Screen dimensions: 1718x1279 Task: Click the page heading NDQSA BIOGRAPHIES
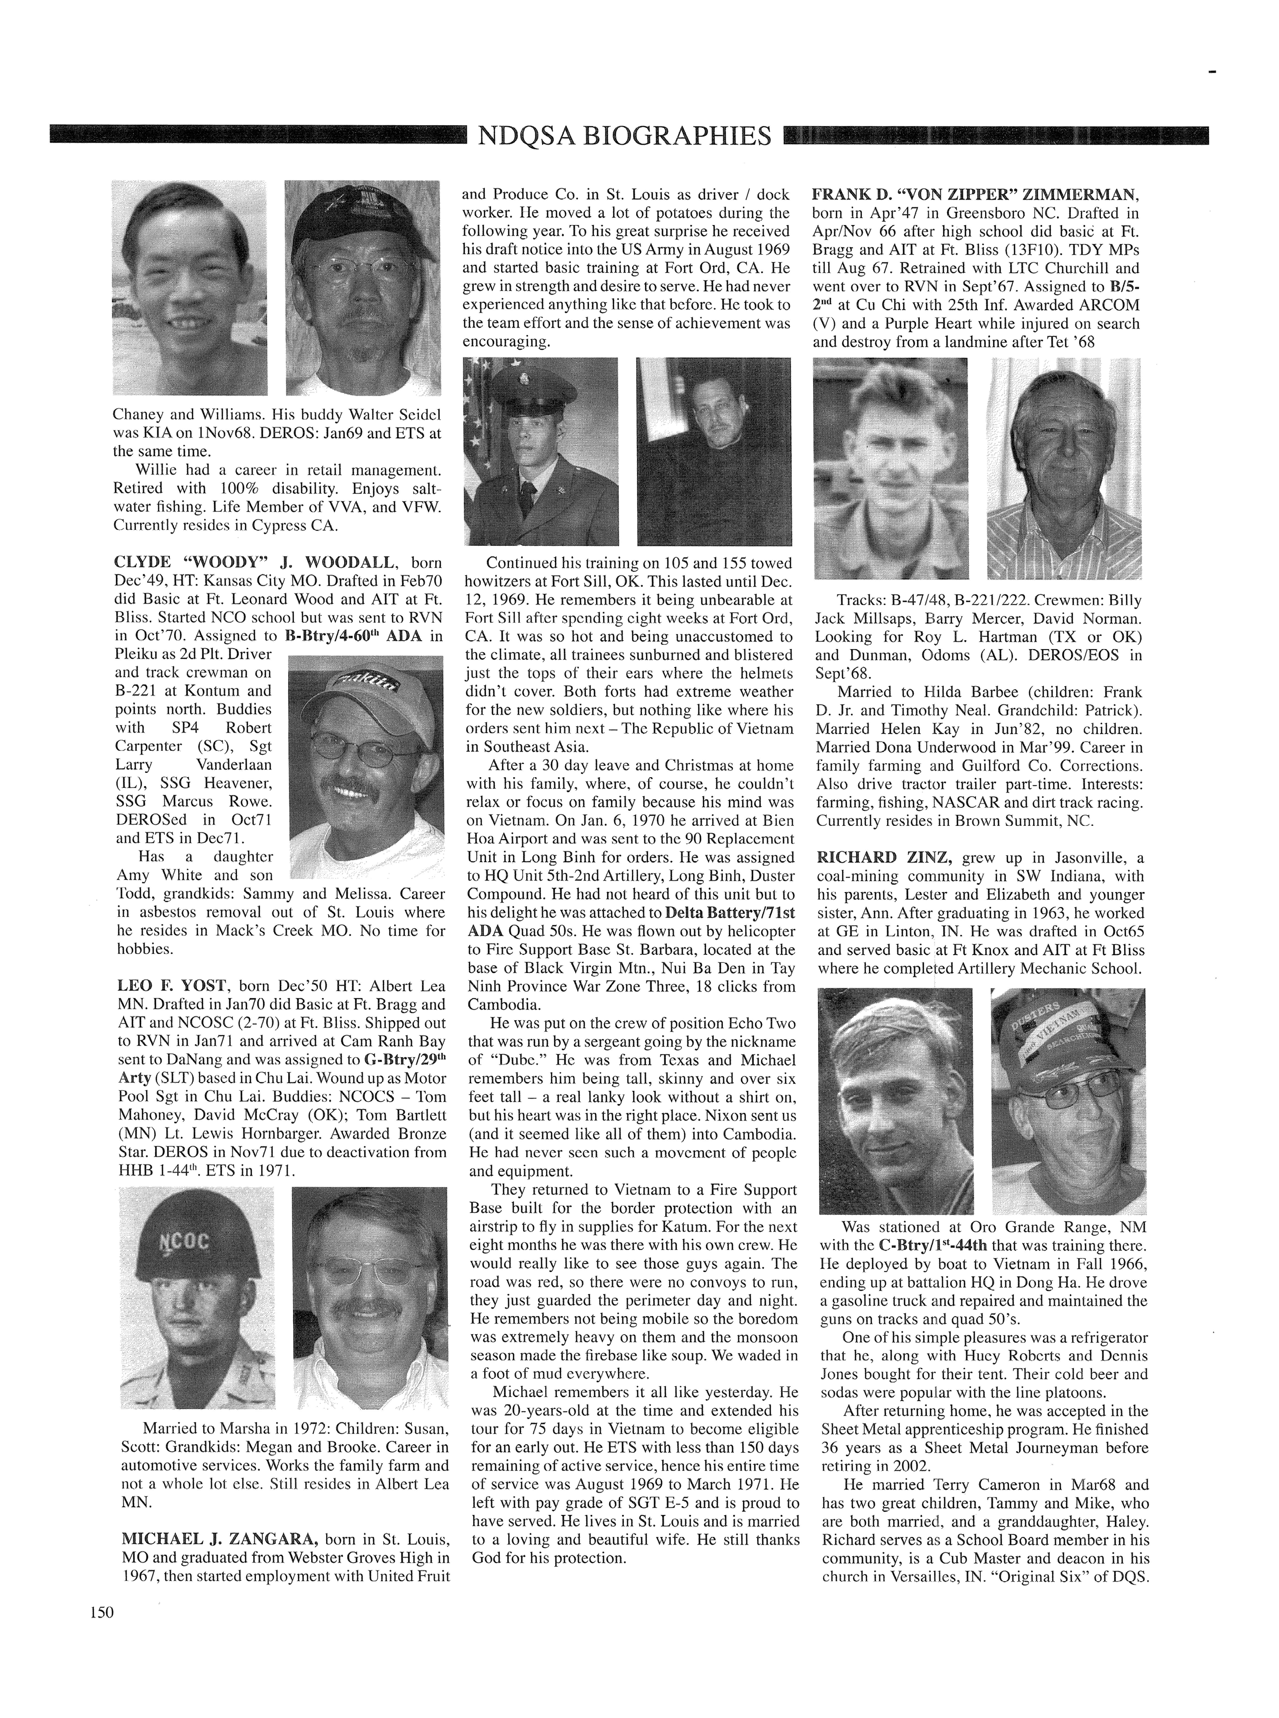(625, 135)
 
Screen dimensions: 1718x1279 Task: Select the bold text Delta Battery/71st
(705, 913)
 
